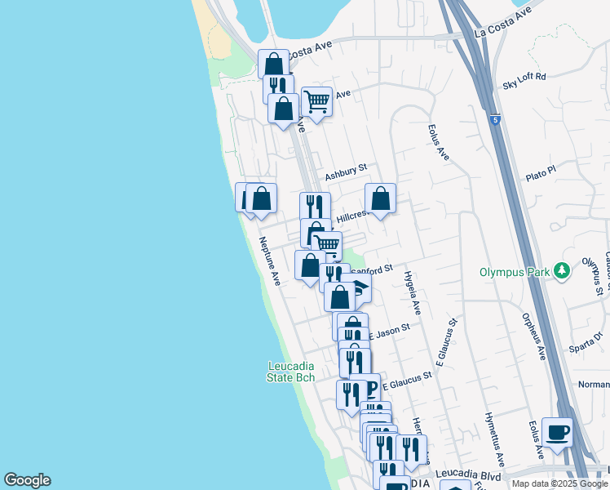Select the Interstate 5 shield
click(x=495, y=120)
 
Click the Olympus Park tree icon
click(x=561, y=270)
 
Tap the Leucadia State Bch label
click(x=291, y=372)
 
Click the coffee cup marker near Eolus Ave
click(x=557, y=432)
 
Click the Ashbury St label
click(x=346, y=171)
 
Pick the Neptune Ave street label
click(x=270, y=261)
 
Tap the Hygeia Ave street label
click(x=411, y=292)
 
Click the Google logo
click(x=27, y=480)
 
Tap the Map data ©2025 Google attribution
click(x=559, y=483)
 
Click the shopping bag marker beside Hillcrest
click(x=380, y=198)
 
